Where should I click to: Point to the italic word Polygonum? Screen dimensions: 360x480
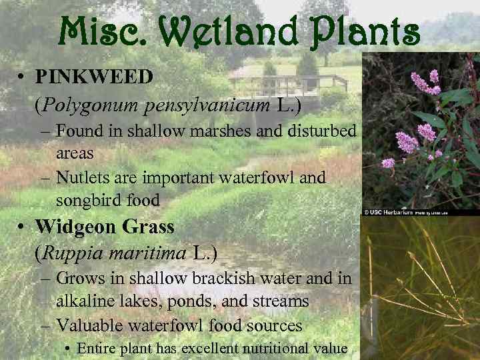[84, 104]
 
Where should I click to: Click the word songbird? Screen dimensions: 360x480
[87, 199]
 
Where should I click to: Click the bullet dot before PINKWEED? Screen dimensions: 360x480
[22, 77]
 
